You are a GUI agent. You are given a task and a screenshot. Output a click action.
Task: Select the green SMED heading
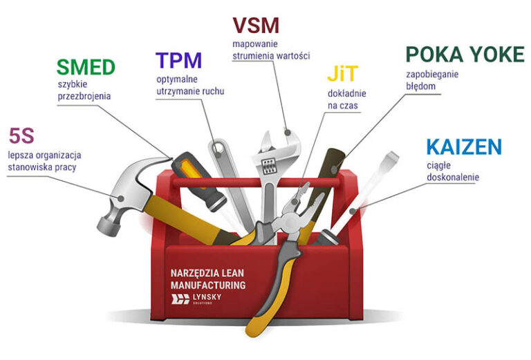85,68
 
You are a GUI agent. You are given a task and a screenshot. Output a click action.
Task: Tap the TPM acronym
178,61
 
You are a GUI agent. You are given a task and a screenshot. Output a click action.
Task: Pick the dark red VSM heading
256,26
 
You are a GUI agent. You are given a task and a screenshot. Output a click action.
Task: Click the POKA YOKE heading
465,55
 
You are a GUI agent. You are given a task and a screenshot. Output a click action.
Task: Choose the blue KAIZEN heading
463,146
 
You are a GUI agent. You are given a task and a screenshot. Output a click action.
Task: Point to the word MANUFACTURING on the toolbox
208,285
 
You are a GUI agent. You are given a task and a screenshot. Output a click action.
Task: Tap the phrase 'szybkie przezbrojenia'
84,91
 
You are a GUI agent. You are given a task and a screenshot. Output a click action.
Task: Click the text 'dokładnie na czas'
346,100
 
